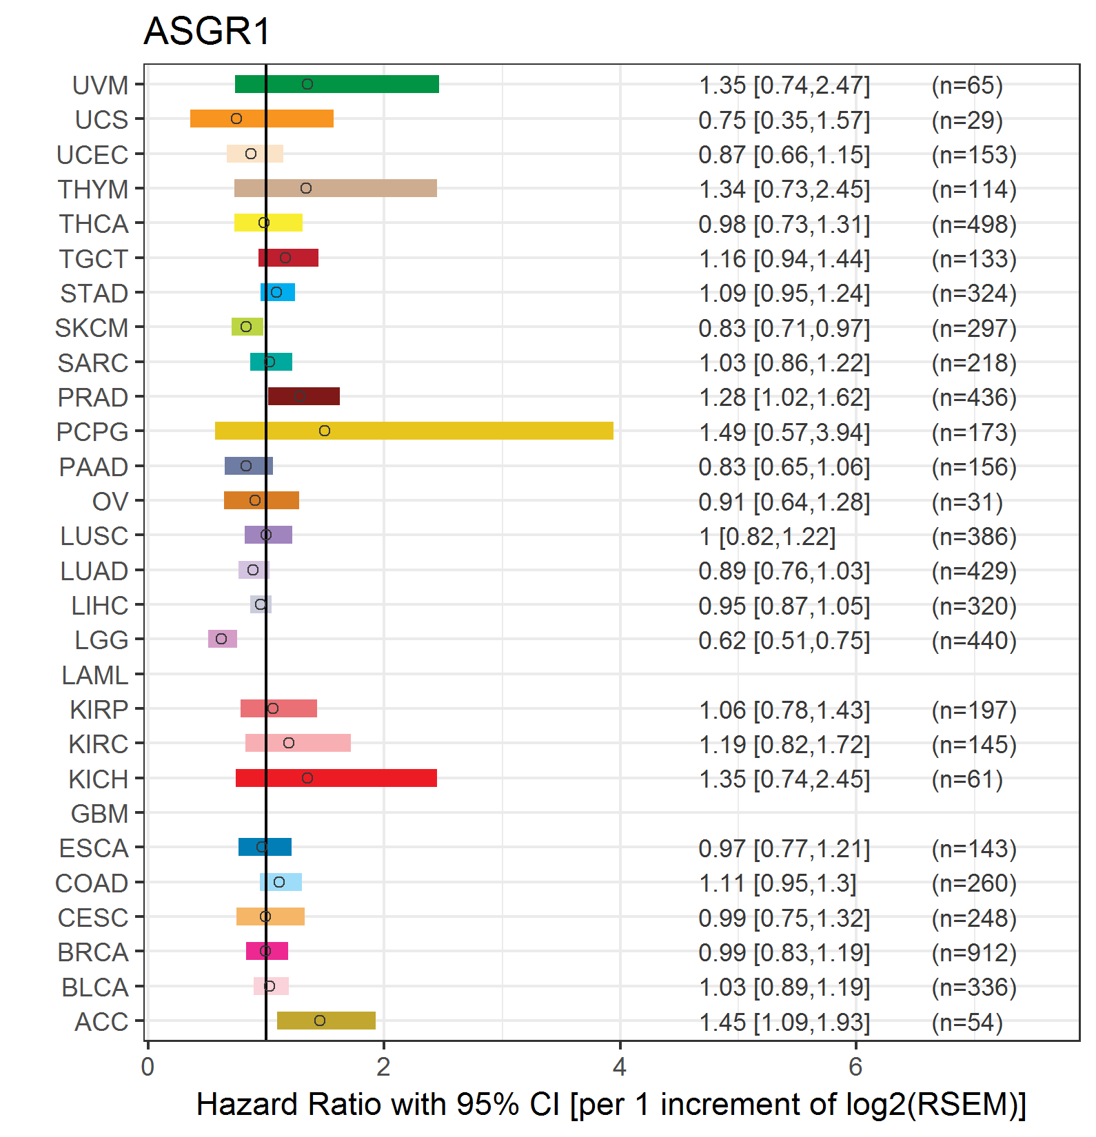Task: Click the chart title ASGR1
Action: click(x=207, y=32)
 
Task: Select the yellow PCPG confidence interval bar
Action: click(x=414, y=431)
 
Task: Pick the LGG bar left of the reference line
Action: click(x=222, y=639)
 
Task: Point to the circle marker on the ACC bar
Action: click(x=320, y=1021)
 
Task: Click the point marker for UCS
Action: click(x=236, y=119)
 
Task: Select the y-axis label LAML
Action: click(x=94, y=675)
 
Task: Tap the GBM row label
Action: click(x=99, y=814)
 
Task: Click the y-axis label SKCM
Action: click(x=92, y=328)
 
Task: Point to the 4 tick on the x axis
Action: click(x=620, y=1067)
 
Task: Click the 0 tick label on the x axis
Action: click(x=148, y=1067)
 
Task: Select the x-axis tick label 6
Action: click(x=855, y=1067)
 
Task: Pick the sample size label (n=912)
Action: click(x=974, y=952)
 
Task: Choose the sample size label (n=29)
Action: click(x=967, y=120)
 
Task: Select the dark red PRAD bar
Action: click(x=303, y=396)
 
